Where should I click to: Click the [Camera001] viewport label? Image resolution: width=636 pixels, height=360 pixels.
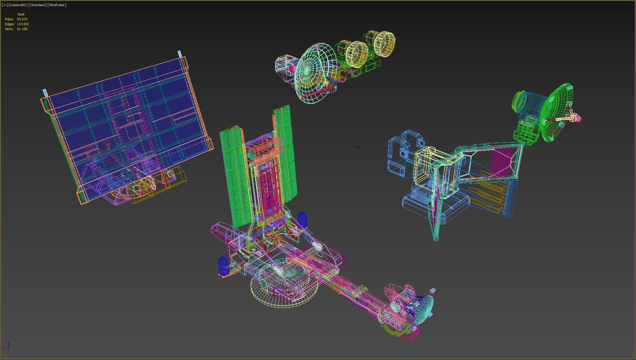(x=18, y=5)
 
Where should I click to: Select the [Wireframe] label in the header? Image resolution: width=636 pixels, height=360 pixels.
(x=57, y=5)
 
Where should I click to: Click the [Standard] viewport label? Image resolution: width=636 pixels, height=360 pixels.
(x=37, y=5)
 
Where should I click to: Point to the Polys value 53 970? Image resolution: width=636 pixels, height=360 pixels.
(x=22, y=19)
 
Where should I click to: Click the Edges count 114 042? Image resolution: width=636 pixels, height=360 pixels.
(x=23, y=24)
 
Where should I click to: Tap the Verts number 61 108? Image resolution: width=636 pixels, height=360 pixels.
(x=22, y=29)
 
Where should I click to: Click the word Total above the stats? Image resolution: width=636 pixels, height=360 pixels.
(x=21, y=14)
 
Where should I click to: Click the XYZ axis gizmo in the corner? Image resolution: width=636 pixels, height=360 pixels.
(x=6, y=348)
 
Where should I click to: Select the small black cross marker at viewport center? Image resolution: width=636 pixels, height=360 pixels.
(x=358, y=147)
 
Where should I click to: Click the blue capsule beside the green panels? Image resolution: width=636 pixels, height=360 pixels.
(x=302, y=219)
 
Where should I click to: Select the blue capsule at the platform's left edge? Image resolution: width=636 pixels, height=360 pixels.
(x=223, y=266)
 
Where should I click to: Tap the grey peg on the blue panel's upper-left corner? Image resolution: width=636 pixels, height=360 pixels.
(x=45, y=93)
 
